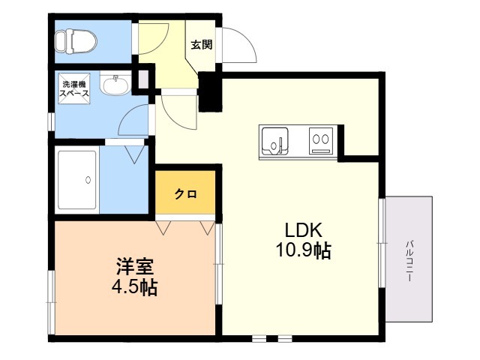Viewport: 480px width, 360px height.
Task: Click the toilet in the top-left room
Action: point(76,41)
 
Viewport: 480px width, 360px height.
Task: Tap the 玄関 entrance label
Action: point(202,45)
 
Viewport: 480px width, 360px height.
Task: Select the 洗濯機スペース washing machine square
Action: point(74,88)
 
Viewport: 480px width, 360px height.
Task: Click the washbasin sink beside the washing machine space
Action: point(115,84)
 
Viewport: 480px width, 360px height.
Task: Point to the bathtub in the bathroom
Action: point(78,180)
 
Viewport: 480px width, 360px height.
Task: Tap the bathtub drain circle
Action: point(88,180)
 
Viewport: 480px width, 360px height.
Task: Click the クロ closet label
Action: point(185,194)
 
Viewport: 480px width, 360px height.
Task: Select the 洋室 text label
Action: point(135,267)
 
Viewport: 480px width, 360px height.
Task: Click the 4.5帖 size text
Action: point(135,287)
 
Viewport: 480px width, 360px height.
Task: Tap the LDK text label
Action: point(303,230)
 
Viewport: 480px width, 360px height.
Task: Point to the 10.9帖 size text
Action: point(304,250)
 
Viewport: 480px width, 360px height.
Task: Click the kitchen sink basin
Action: point(275,141)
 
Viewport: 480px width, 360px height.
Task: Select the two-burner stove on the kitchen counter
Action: point(321,141)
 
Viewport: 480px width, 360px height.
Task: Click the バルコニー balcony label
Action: point(409,261)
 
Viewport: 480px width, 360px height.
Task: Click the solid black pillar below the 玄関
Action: point(210,91)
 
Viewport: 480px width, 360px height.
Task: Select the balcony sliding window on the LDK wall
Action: point(382,243)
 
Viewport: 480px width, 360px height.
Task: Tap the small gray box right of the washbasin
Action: point(143,79)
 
